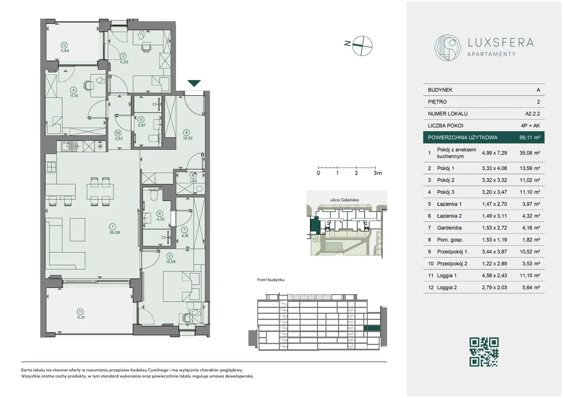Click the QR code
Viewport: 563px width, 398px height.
(484, 352)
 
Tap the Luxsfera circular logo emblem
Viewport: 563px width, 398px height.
(447, 48)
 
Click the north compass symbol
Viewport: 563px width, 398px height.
(359, 45)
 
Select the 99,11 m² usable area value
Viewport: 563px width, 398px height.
(530, 138)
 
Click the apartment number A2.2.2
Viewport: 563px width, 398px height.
(532, 113)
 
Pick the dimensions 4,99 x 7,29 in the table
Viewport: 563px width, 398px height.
(494, 153)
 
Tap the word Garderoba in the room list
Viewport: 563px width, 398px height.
(449, 228)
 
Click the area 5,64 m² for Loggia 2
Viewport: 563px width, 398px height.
(531, 287)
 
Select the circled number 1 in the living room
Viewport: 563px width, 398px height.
(113, 226)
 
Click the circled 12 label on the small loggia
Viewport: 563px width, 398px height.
(64, 45)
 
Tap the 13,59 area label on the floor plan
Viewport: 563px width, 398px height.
(171, 262)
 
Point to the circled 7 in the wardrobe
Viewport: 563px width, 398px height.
(184, 230)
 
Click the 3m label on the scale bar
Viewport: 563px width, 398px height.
(377, 173)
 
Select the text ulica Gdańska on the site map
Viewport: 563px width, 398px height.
(344, 200)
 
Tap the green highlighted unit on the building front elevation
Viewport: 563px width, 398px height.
(372, 328)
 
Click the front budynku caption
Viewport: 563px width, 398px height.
(271, 280)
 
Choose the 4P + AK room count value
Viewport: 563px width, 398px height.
(530, 125)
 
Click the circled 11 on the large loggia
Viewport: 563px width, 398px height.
(80, 312)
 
